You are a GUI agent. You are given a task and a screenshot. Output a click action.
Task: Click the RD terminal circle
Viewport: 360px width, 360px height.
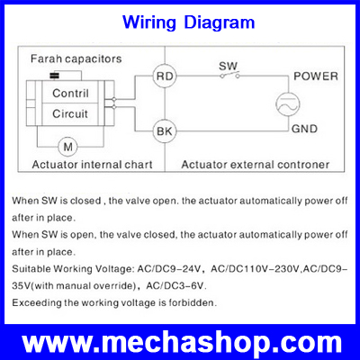pyautogui.click(x=165, y=76)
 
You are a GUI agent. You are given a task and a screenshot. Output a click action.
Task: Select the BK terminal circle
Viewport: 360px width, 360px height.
pyautogui.click(x=165, y=131)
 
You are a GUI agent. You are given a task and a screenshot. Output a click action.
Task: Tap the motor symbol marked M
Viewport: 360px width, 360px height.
pyautogui.click(x=67, y=147)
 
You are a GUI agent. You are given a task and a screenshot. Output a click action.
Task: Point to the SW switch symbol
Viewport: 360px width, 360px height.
pyautogui.click(x=229, y=76)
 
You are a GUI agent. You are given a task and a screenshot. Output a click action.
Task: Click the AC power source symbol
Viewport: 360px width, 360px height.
pyautogui.click(x=288, y=104)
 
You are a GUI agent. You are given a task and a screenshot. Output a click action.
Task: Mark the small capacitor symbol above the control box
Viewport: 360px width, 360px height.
pyautogui.click(x=54, y=76)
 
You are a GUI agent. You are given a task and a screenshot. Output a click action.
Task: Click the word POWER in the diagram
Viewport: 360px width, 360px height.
pyautogui.click(x=316, y=76)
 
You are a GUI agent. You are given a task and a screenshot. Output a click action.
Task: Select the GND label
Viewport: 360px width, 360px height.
pyautogui.click(x=304, y=129)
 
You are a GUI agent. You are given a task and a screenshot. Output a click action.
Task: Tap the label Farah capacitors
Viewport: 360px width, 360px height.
pyautogui.click(x=76, y=58)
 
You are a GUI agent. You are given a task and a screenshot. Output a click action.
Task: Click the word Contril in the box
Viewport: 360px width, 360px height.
pyautogui.click(x=70, y=94)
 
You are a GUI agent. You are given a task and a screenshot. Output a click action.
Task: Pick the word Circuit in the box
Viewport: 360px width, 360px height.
pyautogui.click(x=70, y=113)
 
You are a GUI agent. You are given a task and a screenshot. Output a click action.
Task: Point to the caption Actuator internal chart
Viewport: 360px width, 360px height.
pyautogui.click(x=93, y=165)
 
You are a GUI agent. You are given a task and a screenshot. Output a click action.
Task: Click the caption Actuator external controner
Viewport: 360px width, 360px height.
pyautogui.click(x=256, y=165)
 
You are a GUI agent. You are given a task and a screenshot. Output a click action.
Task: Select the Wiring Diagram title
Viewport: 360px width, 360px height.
pyautogui.click(x=189, y=22)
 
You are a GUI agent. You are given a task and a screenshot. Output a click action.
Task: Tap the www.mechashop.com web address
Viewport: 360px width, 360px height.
pyautogui.click(x=182, y=343)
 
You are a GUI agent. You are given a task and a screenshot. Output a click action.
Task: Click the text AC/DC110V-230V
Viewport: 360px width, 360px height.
pyautogui.click(x=255, y=269)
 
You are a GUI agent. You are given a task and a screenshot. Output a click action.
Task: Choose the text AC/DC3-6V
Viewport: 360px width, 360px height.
pyautogui.click(x=176, y=286)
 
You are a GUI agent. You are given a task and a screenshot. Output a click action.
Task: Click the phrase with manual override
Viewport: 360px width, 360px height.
pyautogui.click(x=84, y=286)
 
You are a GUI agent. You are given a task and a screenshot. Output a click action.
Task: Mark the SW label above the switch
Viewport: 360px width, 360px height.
pyautogui.click(x=228, y=66)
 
